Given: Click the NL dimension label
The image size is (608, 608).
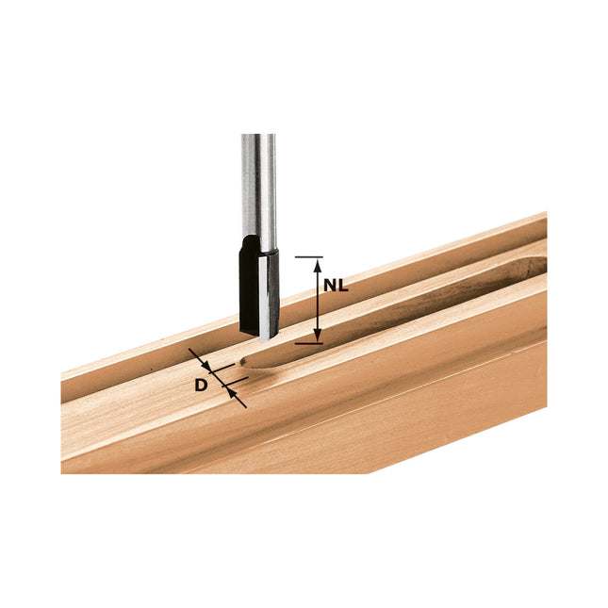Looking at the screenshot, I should coord(336,285).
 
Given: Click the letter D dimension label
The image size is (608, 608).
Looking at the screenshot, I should coord(201,385).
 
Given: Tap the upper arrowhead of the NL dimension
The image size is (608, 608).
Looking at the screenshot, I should coord(317,264).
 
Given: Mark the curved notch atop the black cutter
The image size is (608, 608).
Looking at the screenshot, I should coord(247,245).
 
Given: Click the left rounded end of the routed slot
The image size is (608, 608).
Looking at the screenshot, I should coord(247,360).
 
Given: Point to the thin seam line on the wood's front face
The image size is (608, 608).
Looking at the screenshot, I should coord(377,415).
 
